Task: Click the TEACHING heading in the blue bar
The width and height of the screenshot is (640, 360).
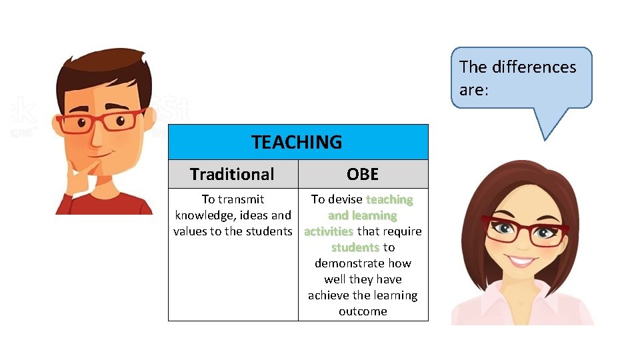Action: point(297,142)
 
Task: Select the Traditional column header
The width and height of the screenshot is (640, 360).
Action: point(232,174)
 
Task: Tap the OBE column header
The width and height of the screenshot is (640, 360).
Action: point(363,174)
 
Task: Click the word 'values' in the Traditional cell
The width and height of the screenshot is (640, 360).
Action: point(191,231)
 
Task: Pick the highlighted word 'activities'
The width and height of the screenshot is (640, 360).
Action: point(329,231)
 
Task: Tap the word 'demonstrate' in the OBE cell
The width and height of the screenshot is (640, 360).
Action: point(363,263)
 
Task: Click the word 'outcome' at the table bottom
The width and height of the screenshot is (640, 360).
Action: point(363,311)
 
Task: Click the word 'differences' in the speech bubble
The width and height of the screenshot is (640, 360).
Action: point(533,67)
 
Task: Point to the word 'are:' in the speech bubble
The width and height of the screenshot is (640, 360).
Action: point(474,89)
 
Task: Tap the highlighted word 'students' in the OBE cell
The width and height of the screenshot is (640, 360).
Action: point(355,247)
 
